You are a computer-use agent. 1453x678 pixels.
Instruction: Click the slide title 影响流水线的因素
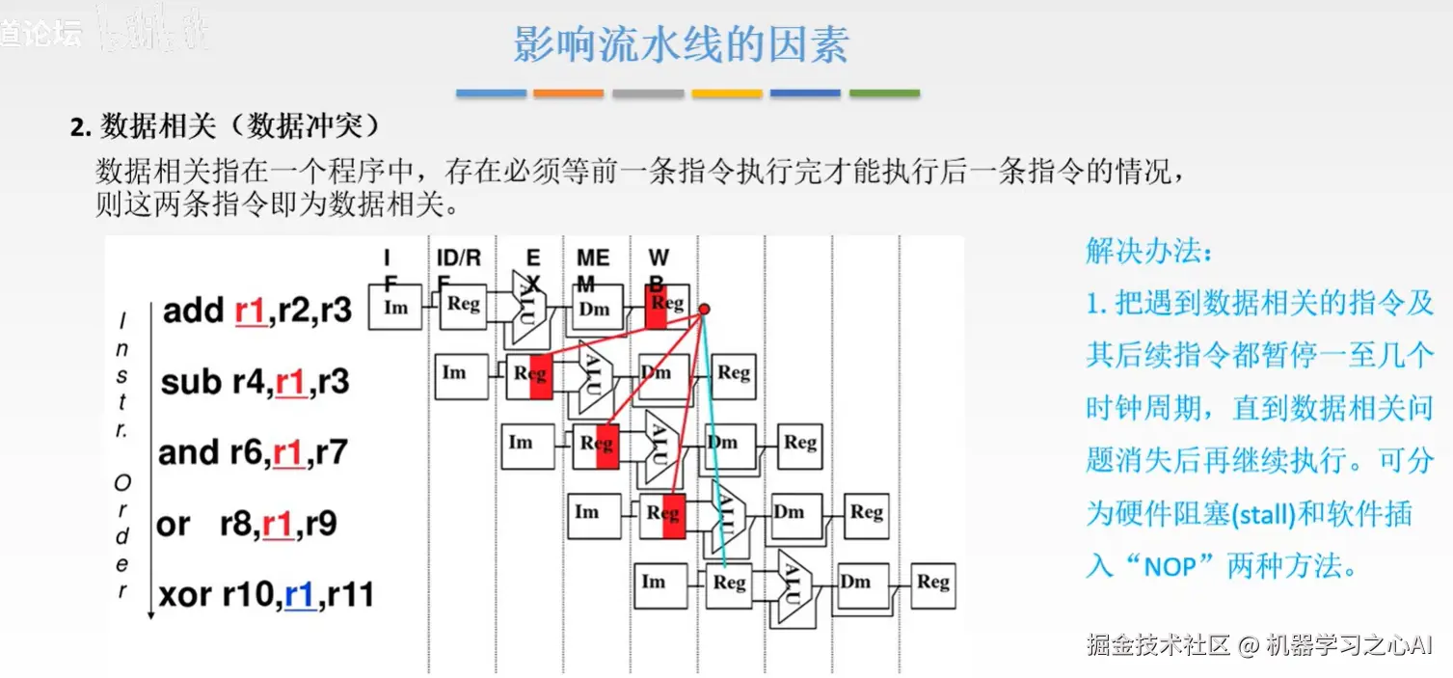pyautogui.click(x=680, y=44)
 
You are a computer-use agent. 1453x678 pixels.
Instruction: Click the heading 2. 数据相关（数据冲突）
pyautogui.click(x=226, y=126)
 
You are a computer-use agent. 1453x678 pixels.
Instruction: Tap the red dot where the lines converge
pyautogui.click(x=705, y=309)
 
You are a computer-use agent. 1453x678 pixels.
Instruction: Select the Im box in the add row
pyautogui.click(x=395, y=308)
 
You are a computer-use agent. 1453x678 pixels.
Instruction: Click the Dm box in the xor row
pyautogui.click(x=855, y=582)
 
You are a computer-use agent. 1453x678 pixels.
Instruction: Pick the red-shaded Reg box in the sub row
pyautogui.click(x=529, y=374)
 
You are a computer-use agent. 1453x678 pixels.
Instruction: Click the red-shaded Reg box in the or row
pyautogui.click(x=662, y=514)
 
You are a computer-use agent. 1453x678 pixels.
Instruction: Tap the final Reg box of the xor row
pyautogui.click(x=932, y=582)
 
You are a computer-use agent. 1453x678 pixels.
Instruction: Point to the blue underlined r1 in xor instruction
pyautogui.click(x=300, y=595)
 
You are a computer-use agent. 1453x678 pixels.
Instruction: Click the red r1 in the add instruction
pyautogui.click(x=250, y=311)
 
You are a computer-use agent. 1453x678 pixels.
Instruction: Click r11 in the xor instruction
pyautogui.click(x=350, y=595)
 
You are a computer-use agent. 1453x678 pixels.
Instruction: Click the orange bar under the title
pyautogui.click(x=568, y=94)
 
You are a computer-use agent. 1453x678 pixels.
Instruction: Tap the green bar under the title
pyautogui.click(x=884, y=94)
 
